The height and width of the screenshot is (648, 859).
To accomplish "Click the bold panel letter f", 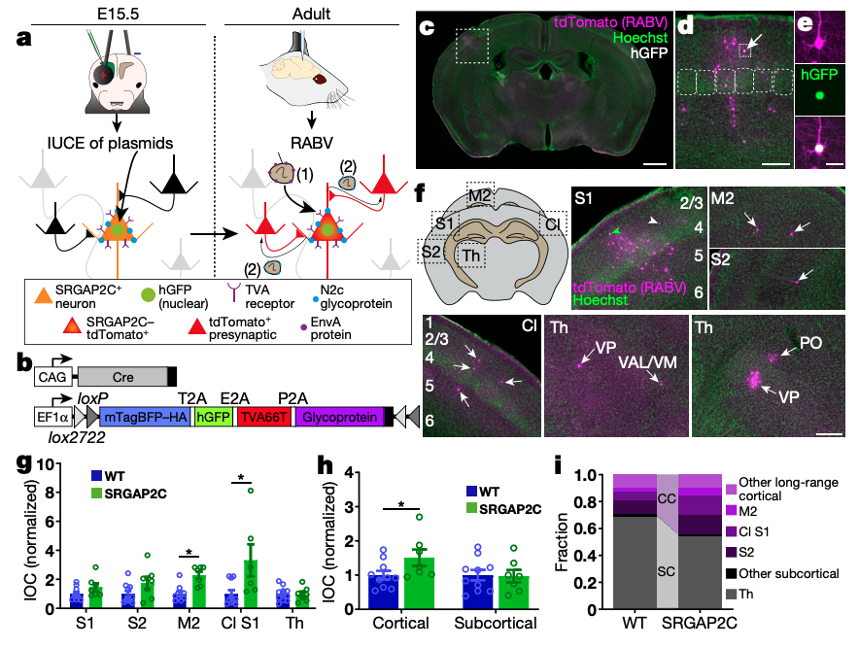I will [x=420, y=189].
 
